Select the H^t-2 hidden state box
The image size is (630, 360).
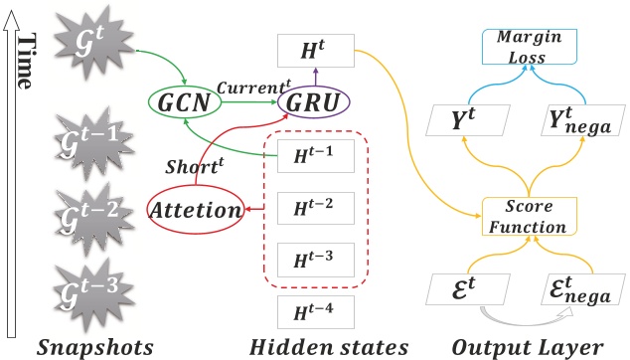[313, 210]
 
